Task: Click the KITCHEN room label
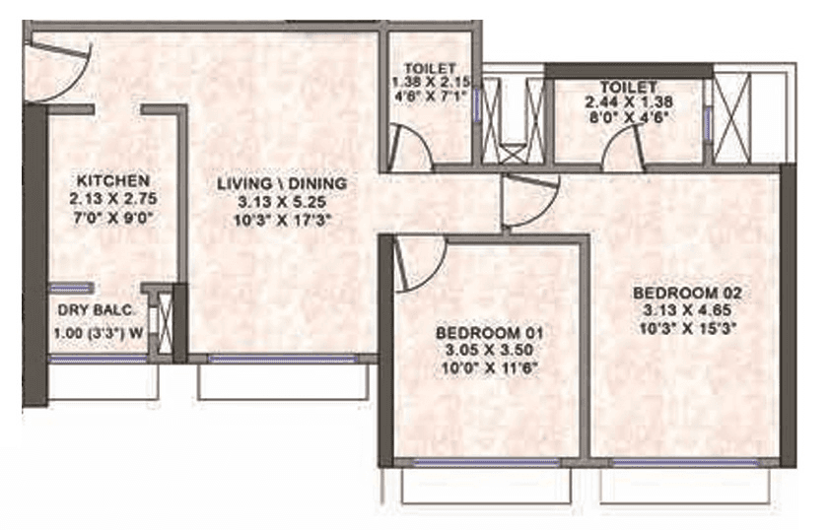click(x=113, y=181)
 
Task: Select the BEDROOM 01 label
click(x=490, y=333)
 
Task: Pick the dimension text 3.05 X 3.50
click(x=490, y=351)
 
